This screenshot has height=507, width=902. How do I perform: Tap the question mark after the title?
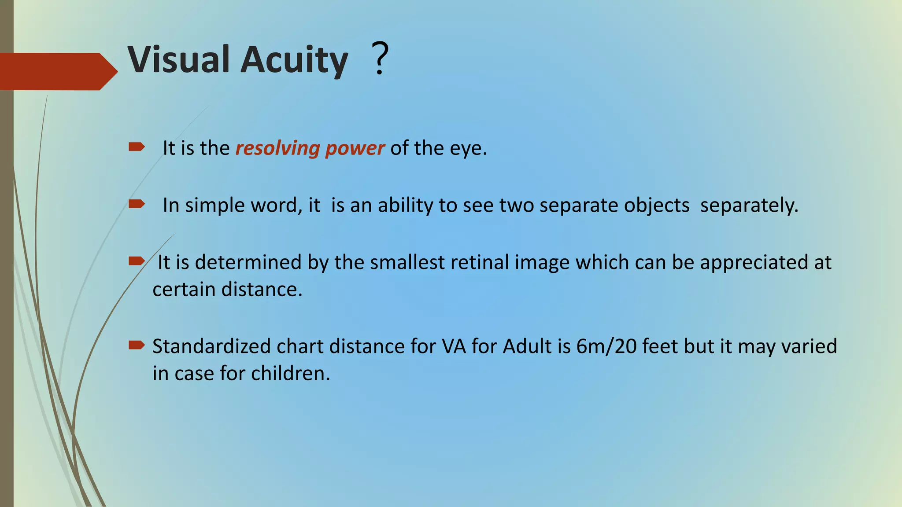[x=380, y=58]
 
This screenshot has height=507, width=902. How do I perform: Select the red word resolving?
[x=277, y=148]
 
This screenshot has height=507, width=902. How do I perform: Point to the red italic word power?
[x=355, y=149]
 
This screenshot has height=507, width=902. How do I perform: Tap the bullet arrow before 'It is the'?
[x=137, y=147]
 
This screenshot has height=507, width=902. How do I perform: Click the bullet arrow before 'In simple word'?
[x=137, y=204]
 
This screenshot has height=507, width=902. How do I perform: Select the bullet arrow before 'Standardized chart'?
[x=137, y=345]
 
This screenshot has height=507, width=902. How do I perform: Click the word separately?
[x=749, y=206]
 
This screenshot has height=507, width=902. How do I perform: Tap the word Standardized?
[x=211, y=346]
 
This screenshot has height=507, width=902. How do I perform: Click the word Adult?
[x=527, y=346]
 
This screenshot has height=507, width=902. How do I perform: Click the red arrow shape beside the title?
[x=57, y=71]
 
